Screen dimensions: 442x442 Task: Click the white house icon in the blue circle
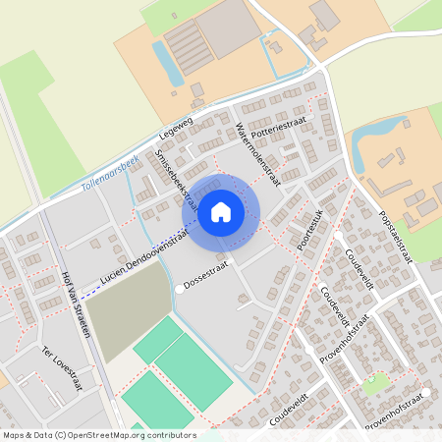click(221, 210)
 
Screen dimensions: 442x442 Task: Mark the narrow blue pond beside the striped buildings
click(166, 63)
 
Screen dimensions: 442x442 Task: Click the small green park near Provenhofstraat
click(374, 384)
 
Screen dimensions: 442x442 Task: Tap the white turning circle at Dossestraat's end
click(180, 290)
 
